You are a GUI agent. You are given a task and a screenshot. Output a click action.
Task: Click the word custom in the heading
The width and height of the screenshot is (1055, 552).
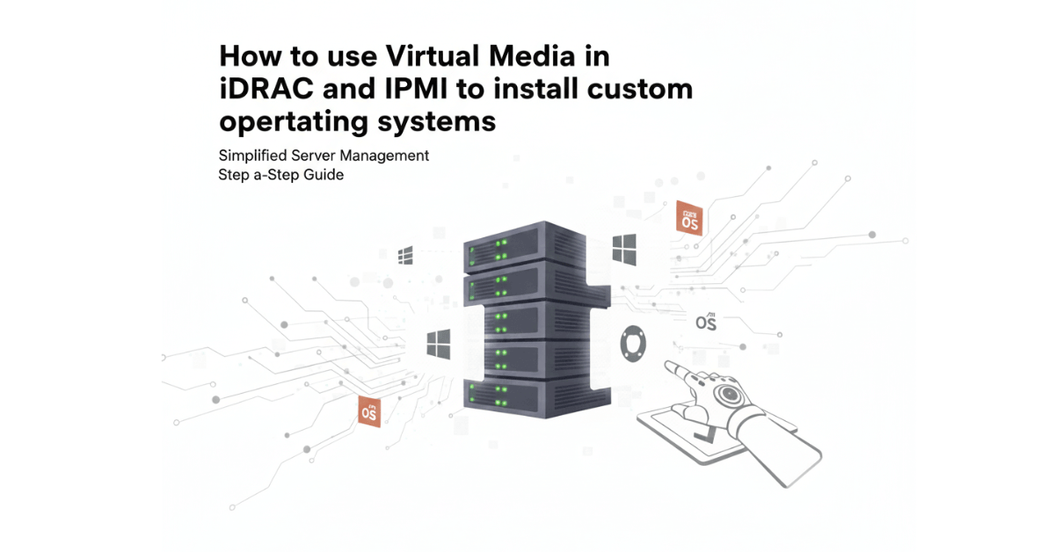642,89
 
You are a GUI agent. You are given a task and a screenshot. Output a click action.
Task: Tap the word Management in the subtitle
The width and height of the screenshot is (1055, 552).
388,156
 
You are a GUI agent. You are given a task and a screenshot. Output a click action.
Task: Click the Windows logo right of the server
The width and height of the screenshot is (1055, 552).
624,250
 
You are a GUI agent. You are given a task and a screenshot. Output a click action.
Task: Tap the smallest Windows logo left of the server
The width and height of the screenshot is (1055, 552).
405,256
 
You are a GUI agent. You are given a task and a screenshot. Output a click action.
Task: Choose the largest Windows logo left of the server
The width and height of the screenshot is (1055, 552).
439,344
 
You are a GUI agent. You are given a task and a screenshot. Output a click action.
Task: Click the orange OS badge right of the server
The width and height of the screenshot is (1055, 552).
688,218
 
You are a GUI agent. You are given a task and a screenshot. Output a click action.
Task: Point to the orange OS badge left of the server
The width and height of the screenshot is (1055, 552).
370,410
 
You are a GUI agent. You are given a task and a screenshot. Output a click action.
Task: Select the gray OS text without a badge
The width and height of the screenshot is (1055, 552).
706,322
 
